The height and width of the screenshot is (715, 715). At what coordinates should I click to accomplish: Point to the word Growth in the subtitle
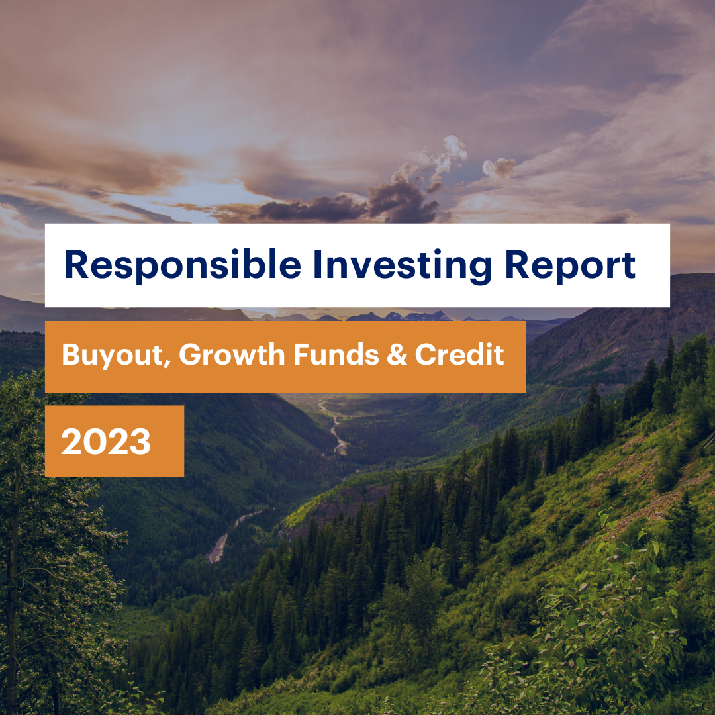[x=232, y=354]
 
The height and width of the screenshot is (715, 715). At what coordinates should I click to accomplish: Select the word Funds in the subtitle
[x=336, y=354]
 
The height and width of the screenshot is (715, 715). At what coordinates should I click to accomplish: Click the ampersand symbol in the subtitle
[x=397, y=355]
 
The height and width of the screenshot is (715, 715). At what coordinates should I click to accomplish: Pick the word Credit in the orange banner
[x=459, y=354]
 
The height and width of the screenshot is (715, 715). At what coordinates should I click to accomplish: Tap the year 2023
[x=106, y=442]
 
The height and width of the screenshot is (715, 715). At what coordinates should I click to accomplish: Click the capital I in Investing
[x=317, y=263]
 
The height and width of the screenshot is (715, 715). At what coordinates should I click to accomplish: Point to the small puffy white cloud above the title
[x=499, y=167]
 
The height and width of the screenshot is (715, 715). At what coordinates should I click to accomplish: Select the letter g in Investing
[x=479, y=271]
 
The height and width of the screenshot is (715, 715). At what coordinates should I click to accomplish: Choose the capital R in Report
[x=517, y=263]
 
